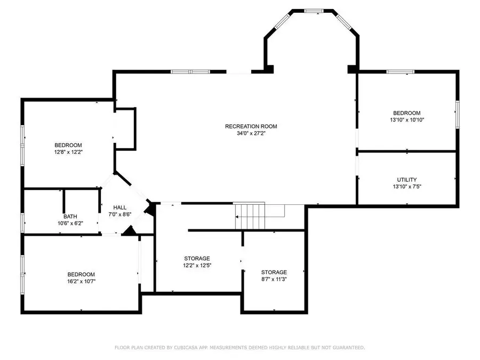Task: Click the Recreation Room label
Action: point(251,126)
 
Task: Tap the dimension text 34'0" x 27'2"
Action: point(251,133)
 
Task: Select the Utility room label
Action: point(406,180)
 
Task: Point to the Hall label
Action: point(120,207)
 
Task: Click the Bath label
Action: point(70,217)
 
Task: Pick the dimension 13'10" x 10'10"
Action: point(406,120)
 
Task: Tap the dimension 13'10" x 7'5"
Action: point(406,187)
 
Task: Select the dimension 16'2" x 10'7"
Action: point(81,281)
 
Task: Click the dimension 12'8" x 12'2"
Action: point(68,152)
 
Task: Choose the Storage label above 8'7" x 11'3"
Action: point(274,272)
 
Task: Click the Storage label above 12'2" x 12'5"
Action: point(197,258)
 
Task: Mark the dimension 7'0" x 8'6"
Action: point(120,214)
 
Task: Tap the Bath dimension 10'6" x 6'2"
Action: point(70,223)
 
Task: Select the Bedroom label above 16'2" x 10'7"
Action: point(81,274)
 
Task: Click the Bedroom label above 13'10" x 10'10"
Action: point(406,113)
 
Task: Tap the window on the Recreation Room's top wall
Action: point(189,71)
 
